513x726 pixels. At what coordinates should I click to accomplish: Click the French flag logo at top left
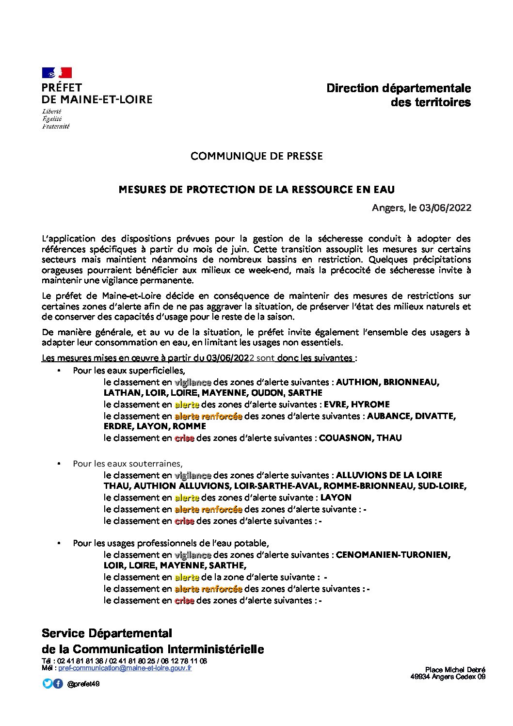[57, 73]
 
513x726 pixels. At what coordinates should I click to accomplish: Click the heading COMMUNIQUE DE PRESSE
[256, 156]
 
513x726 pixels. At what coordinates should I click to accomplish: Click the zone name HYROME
[370, 404]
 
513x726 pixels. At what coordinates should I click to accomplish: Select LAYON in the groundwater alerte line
[336, 498]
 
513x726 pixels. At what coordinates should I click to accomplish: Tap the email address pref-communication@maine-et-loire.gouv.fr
[125, 668]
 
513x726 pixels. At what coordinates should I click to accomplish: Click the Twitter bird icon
[47, 684]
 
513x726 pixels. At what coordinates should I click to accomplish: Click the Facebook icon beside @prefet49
[58, 684]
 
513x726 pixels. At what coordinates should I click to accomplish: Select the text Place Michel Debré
[455, 670]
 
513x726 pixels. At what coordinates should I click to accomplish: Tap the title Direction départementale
[399, 88]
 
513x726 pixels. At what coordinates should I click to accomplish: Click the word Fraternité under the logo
[56, 127]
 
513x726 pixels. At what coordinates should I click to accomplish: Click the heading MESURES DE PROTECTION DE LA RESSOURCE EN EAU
[256, 190]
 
